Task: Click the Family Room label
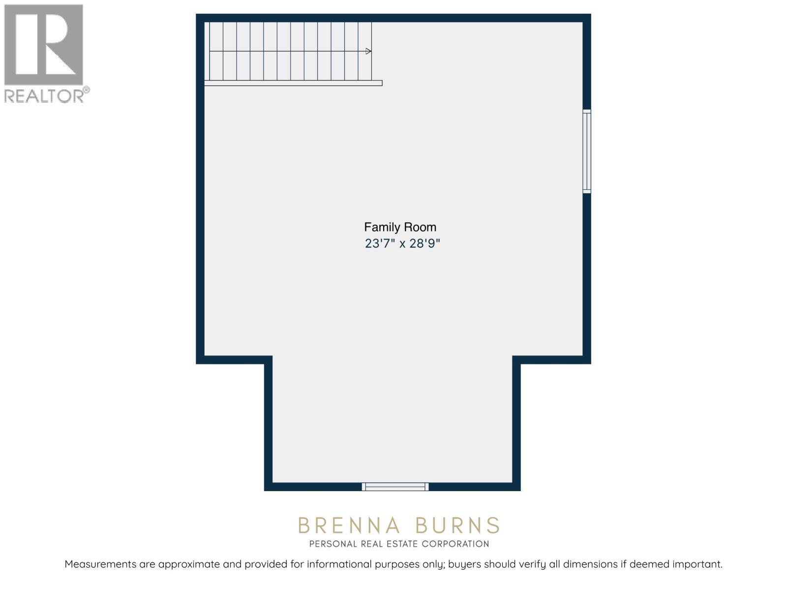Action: click(x=400, y=227)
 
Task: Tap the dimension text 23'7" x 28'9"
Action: click(x=402, y=243)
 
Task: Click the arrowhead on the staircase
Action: click(x=368, y=51)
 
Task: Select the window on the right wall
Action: click(x=587, y=151)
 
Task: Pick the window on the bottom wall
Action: click(x=395, y=487)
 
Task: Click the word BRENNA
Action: click(x=349, y=526)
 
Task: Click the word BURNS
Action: click(x=457, y=526)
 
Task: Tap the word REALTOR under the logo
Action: click(x=44, y=96)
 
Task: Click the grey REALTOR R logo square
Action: click(x=44, y=45)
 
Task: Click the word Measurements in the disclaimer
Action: click(x=100, y=564)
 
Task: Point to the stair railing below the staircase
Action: click(x=293, y=83)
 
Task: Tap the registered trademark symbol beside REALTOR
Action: click(x=87, y=89)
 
